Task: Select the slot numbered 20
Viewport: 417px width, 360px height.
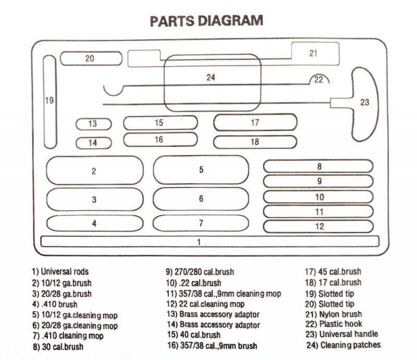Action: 91,58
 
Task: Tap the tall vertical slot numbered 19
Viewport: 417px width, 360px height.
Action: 50,102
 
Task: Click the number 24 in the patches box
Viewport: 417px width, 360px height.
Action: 211,77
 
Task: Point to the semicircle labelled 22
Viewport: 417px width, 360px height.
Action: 319,75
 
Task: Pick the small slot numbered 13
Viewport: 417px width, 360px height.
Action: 94,124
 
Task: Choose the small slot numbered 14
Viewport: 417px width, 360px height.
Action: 94,143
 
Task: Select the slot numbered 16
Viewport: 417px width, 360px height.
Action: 161,139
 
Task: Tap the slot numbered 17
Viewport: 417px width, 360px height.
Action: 255,122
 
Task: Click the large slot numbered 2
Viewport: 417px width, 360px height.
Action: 95,171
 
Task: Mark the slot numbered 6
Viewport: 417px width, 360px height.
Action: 201,199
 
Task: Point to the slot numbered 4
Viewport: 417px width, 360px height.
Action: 95,223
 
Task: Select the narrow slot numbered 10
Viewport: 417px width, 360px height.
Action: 318,197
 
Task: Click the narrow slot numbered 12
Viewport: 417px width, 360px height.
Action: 318,226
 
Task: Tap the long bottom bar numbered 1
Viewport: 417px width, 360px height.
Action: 210,242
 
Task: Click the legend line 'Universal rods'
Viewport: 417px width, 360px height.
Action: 60,272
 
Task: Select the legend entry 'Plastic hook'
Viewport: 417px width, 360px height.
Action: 334,324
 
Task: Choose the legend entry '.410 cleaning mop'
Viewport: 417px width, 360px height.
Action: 68,336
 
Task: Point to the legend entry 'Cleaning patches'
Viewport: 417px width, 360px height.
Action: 344,345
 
